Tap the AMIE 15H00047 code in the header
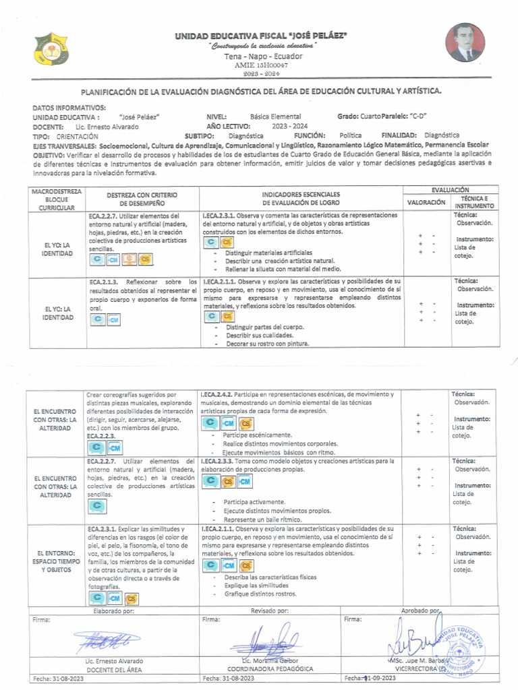pos(261,65)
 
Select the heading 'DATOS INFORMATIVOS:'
pos(69,107)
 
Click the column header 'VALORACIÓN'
pos(426,201)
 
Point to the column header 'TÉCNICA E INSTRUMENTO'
pos(473,201)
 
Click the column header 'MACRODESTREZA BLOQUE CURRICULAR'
pos(57,200)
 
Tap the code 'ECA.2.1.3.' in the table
pos(104,281)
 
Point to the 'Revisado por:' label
pos(270,610)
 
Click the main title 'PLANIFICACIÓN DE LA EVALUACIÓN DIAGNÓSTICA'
pos(262,90)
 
